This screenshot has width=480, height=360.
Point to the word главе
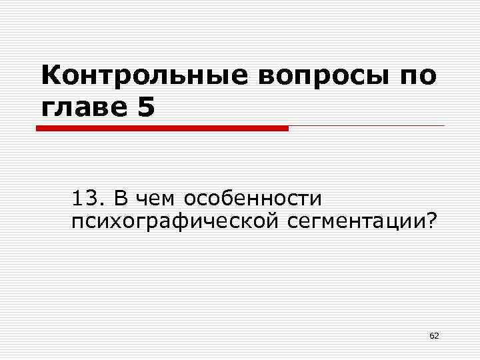point(84,107)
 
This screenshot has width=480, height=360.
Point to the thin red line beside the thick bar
point(367,126)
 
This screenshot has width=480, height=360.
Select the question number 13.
point(86,199)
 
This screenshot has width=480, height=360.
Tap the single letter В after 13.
point(120,199)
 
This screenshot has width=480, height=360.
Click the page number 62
point(434,335)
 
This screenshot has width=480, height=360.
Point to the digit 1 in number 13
point(79,199)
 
